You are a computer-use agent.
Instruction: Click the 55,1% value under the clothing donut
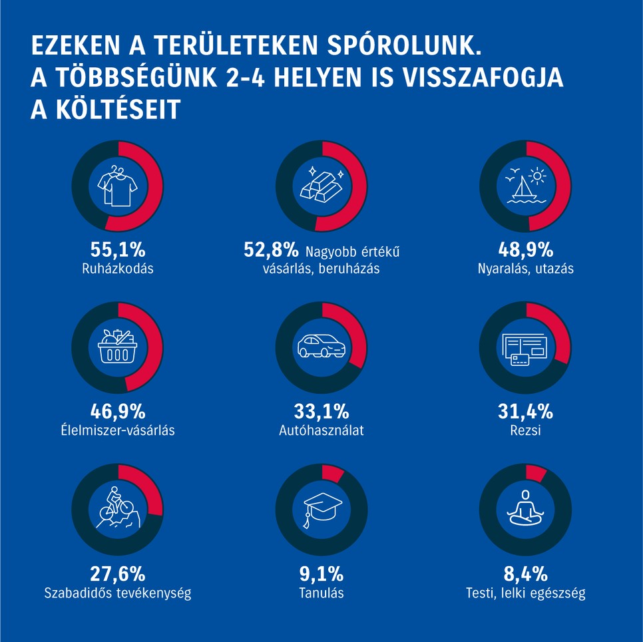117,250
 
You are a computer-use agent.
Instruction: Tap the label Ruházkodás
117,269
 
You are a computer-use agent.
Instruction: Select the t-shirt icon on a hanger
117,186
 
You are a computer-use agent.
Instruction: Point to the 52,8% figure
271,250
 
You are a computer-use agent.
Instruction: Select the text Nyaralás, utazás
525,269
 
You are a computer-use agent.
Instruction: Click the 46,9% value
117,411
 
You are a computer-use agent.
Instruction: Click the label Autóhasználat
321,430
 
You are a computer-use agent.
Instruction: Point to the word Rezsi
525,430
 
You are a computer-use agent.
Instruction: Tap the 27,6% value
117,573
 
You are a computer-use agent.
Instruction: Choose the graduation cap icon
321,510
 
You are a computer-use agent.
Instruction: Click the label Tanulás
321,592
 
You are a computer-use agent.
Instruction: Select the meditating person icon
525,509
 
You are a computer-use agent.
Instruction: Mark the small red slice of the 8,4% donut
536,473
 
